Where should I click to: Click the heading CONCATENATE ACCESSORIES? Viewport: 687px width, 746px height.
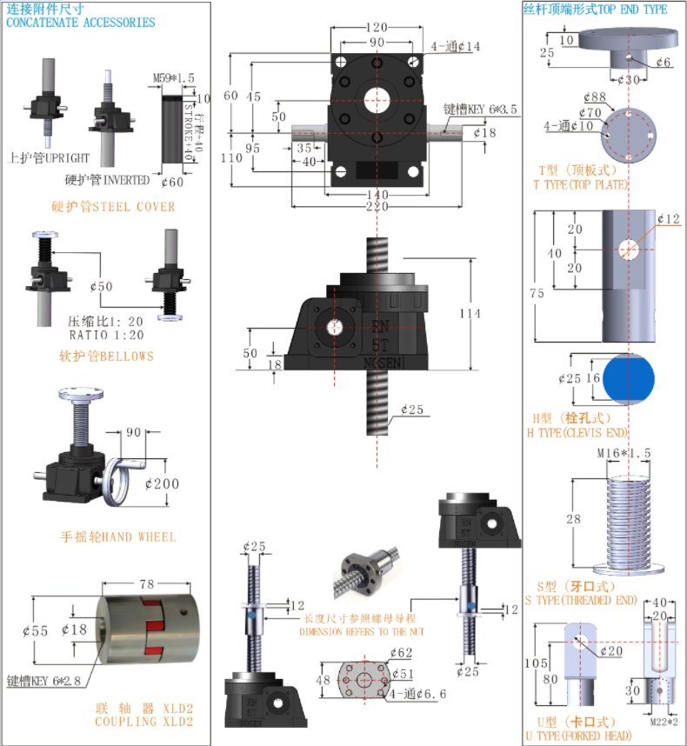coord(81,23)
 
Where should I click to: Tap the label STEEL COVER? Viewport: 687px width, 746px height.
coord(113,207)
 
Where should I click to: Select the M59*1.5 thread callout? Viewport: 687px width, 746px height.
coord(174,79)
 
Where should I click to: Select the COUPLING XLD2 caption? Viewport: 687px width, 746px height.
coord(144,722)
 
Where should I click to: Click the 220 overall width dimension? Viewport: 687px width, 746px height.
coord(376,207)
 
